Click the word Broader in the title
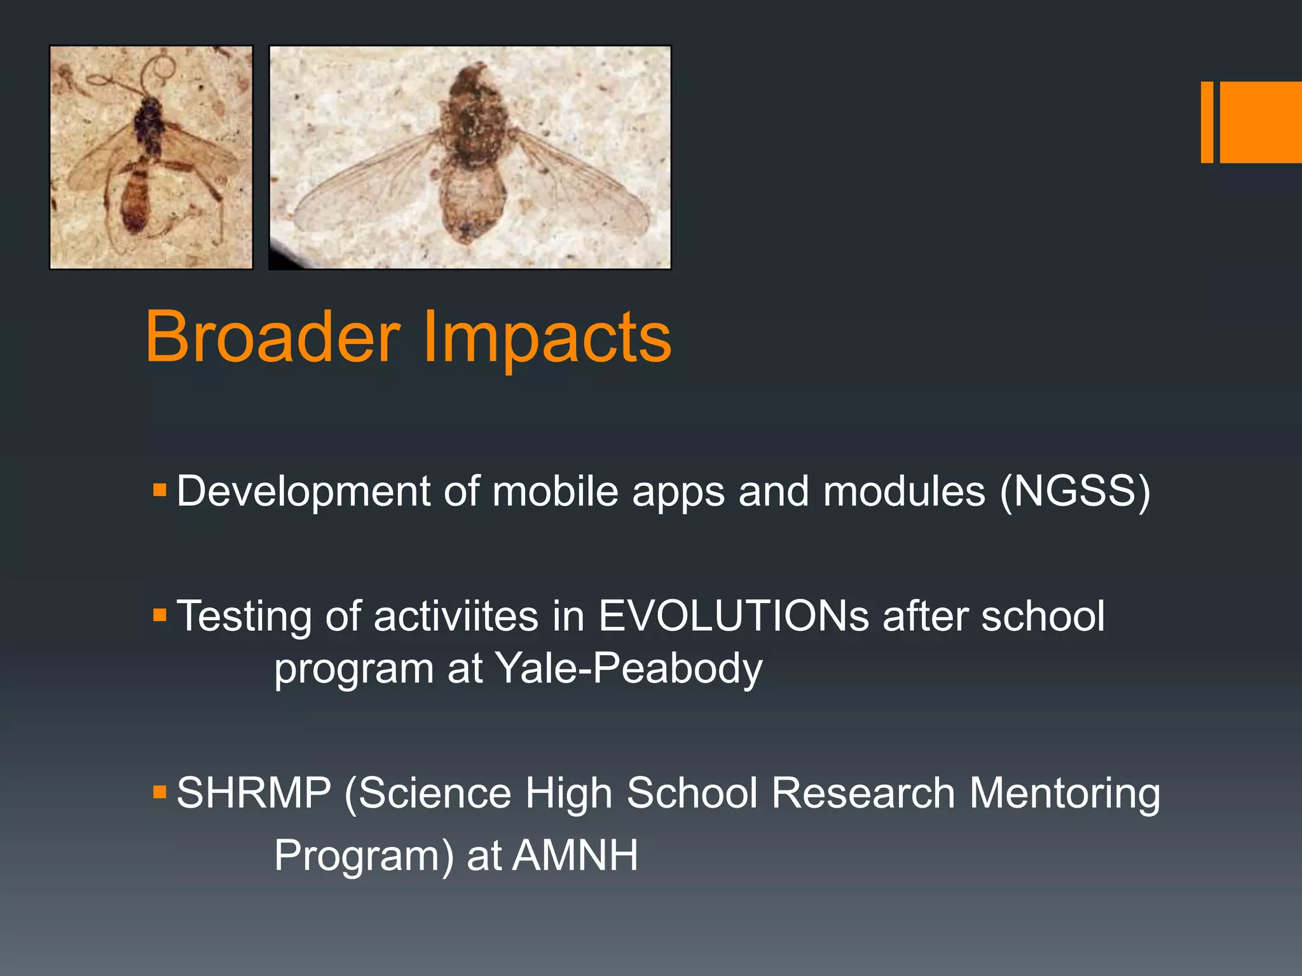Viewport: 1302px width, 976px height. [273, 337]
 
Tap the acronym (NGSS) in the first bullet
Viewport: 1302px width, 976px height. [1074, 491]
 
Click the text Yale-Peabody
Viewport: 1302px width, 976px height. [628, 668]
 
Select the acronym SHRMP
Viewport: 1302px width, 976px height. [254, 793]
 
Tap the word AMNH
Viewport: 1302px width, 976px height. [575, 855]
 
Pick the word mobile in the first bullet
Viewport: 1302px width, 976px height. [555, 491]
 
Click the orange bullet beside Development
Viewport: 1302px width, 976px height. [160, 490]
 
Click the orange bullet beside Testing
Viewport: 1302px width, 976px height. [160, 615]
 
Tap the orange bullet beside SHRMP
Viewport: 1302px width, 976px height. [160, 792]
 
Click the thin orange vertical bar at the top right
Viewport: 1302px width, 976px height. [1207, 122]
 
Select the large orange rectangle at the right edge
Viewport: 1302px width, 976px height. [1261, 122]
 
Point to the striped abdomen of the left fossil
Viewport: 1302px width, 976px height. [136, 197]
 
